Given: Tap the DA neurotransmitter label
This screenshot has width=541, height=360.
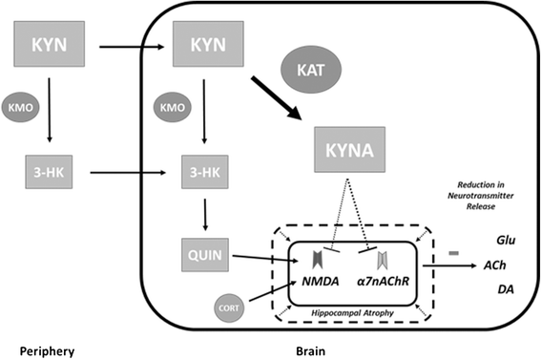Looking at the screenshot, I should pyautogui.click(x=506, y=290).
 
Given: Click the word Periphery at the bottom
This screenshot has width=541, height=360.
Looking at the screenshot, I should pyautogui.click(x=38, y=349).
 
